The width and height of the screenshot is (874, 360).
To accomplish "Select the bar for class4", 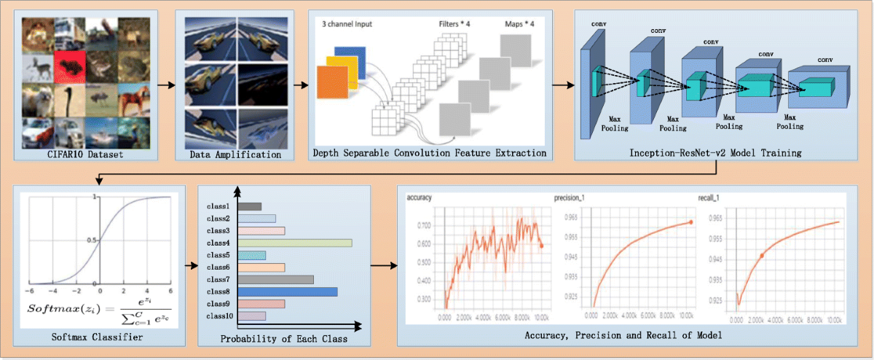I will click(x=294, y=243).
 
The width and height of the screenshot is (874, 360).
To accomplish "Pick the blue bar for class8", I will click(x=287, y=291).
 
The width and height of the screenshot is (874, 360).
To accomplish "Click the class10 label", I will click(x=219, y=316).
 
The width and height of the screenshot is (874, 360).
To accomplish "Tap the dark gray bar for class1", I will click(x=248, y=206).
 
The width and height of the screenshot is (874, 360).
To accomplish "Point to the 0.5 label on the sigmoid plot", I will click(x=91, y=240).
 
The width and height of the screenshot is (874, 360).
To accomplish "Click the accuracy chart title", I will click(x=422, y=197).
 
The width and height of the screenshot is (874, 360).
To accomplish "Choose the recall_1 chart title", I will click(x=712, y=197).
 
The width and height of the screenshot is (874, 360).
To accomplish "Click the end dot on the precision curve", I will click(x=690, y=222).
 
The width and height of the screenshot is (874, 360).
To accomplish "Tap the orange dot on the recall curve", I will click(x=762, y=255).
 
